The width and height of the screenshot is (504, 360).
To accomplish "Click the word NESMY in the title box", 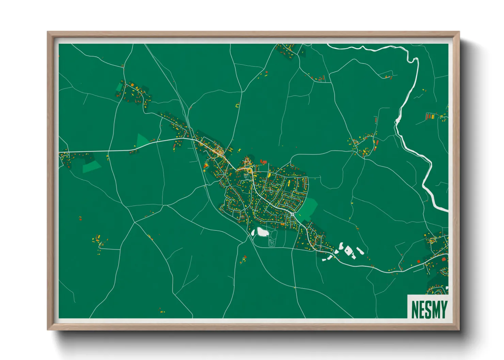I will point(429,309).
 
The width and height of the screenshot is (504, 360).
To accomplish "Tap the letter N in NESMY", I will point(415,309).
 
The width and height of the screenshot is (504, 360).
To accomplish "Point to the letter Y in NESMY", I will point(443,309).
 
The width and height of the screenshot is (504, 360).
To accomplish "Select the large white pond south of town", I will point(262,232).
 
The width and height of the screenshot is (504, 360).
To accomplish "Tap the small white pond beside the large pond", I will point(253,232).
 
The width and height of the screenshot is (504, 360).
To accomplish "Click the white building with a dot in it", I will point(348,251).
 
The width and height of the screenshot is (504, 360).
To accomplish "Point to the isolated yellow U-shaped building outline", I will point(238,105).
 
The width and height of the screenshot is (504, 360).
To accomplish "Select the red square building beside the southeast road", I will point(443,259).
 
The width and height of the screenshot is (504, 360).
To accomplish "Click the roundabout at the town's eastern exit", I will point(293,215).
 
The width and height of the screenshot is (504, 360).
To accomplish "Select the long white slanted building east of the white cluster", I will point(360,251).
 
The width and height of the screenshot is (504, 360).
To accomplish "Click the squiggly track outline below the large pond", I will point(271,242).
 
